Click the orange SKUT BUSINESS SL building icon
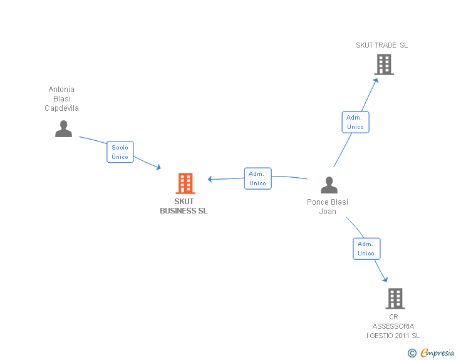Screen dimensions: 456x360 pyautogui.click(x=185, y=183)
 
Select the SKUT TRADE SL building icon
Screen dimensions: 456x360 pyautogui.click(x=384, y=64)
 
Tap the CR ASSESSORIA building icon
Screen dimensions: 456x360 pyautogui.click(x=395, y=299)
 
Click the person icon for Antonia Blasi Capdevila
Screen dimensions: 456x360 pyautogui.click(x=64, y=128)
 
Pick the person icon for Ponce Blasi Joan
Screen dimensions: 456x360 pyautogui.click(x=329, y=185)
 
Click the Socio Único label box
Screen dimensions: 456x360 pyautogui.click(x=120, y=152)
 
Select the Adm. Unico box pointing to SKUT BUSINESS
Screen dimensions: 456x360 pyautogui.click(x=257, y=178)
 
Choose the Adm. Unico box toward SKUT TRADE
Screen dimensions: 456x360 pyautogui.click(x=355, y=122)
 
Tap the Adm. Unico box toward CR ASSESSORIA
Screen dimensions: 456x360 pyautogui.click(x=366, y=249)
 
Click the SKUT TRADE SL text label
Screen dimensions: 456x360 pyautogui.click(x=382, y=45)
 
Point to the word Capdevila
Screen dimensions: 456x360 pyautogui.click(x=61, y=108)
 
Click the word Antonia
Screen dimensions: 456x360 pyautogui.click(x=61, y=90)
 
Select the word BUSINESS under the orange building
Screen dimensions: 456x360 pyautogui.click(x=178, y=211)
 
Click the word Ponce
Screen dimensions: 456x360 pyautogui.click(x=318, y=202)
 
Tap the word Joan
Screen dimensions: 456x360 pyautogui.click(x=328, y=212)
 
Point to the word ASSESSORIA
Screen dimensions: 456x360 pyautogui.click(x=393, y=326)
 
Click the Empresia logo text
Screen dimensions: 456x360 pyautogui.click(x=437, y=352)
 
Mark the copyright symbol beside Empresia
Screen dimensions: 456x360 pyautogui.click(x=412, y=353)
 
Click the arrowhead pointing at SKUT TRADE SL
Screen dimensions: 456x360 pyautogui.click(x=376, y=81)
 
